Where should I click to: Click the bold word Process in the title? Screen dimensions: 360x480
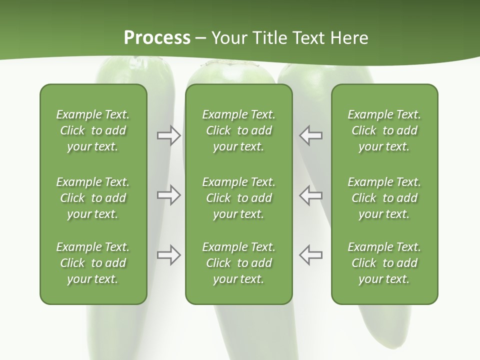[157, 38]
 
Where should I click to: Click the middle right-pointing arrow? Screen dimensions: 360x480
[168, 195]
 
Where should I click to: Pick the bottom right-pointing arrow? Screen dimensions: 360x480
[168, 255]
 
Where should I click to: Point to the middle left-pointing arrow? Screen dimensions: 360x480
[310, 195]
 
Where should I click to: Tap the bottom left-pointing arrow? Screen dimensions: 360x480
[310, 255]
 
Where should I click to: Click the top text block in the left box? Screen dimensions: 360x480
[93, 130]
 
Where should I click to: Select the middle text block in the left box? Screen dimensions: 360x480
[93, 198]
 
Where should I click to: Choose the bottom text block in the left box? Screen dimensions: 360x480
[93, 263]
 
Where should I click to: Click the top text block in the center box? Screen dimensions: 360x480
[238, 130]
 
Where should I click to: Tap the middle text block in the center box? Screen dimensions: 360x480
[238, 198]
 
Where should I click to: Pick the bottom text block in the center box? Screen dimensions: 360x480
[238, 263]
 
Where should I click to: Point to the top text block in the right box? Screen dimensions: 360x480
[384, 130]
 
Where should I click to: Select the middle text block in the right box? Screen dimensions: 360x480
[384, 198]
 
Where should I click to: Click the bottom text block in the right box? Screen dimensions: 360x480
[384, 263]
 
